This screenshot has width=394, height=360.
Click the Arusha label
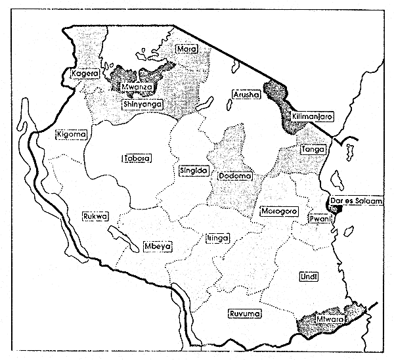[x=247, y=95]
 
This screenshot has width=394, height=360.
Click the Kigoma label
[x=72, y=134]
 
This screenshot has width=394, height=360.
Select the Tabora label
[x=137, y=158]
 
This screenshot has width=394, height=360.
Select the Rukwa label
[x=94, y=216]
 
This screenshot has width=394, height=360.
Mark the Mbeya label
[x=158, y=246]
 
